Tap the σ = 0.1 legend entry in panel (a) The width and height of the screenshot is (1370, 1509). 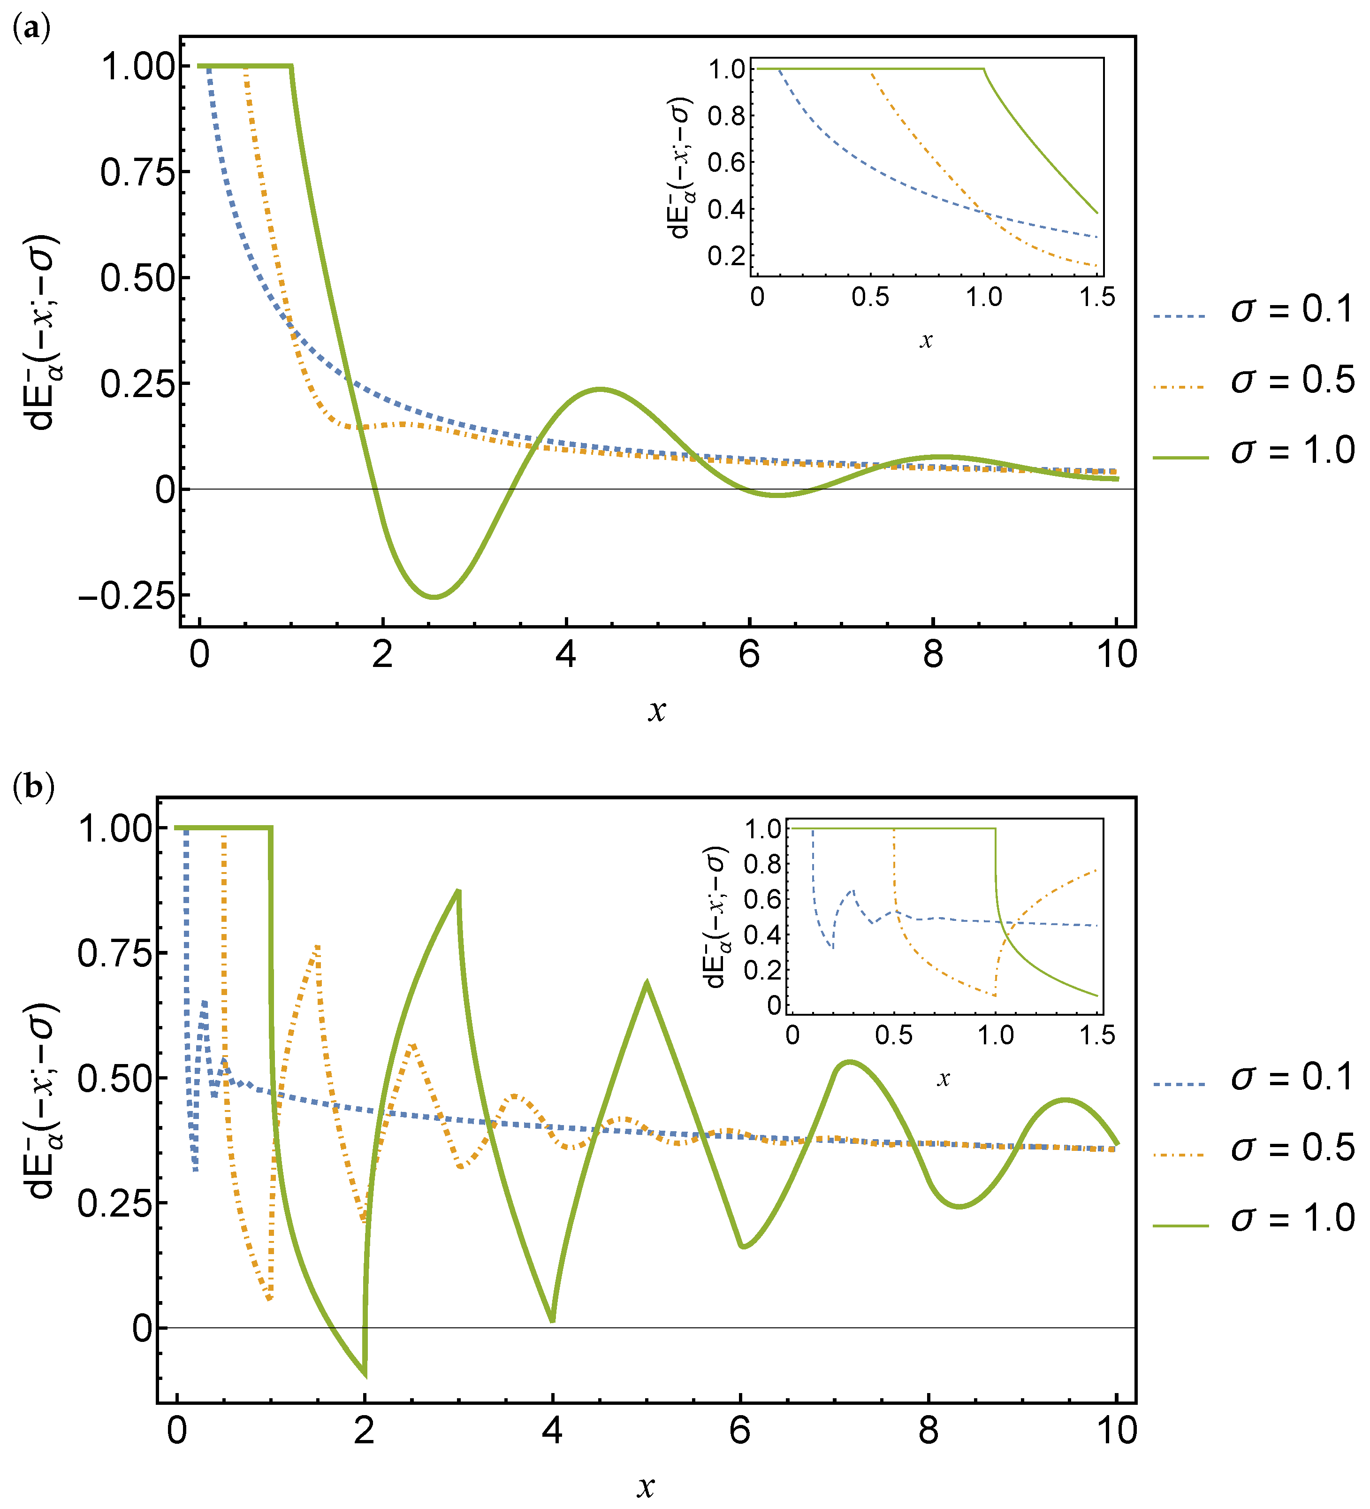(1253, 310)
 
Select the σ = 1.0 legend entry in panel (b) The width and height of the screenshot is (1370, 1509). (1253, 1218)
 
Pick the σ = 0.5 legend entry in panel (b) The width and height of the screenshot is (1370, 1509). (1253, 1148)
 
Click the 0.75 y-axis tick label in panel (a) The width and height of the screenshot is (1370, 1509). (137, 173)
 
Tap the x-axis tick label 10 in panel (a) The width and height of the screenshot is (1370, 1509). (1116, 655)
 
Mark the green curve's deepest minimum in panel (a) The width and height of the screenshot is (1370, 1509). (434, 597)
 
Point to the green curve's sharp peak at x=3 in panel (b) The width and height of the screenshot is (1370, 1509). (459, 890)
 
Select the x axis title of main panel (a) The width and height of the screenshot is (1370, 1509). (656, 710)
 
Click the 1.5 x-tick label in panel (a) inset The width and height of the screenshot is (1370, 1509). (1097, 297)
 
